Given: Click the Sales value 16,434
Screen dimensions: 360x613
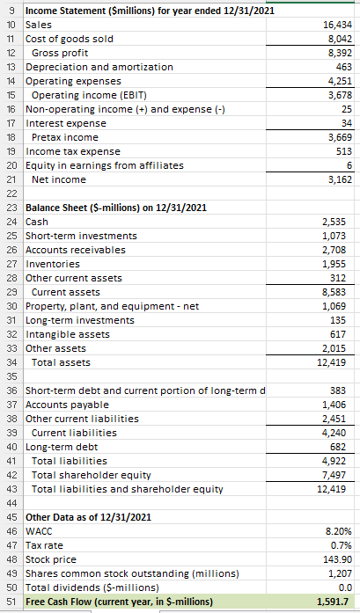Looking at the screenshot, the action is [x=335, y=26].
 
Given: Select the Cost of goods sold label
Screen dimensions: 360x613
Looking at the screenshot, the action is [x=65, y=40].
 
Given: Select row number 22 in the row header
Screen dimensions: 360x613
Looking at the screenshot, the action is [x=11, y=193].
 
